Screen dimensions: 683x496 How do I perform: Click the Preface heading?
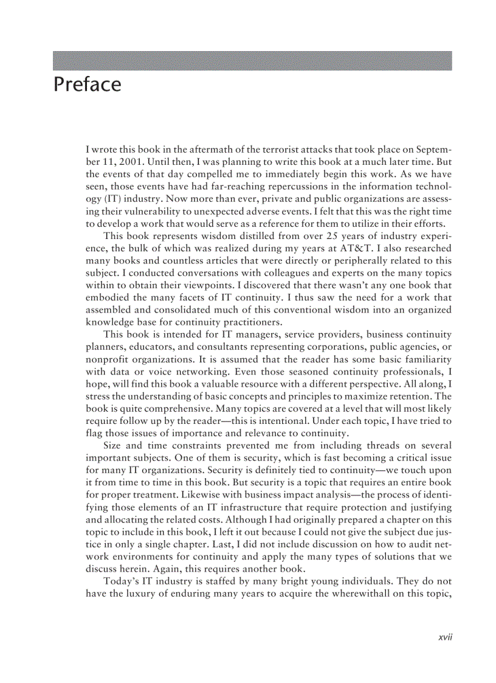[x=88, y=85]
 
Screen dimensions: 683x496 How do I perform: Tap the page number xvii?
[x=447, y=637]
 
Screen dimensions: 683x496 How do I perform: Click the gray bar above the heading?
[x=252, y=61]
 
